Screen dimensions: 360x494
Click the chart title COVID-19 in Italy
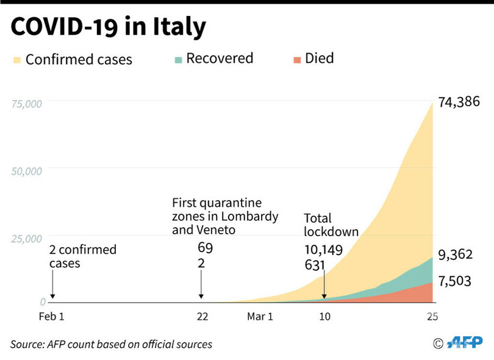(108, 28)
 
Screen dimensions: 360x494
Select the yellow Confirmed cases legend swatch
(16, 60)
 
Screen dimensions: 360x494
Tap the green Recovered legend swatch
(178, 59)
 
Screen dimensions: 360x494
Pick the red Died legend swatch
(297, 59)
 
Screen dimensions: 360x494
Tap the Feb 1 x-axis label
(52, 317)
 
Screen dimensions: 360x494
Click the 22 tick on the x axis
(202, 317)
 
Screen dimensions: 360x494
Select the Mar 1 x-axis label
(260, 317)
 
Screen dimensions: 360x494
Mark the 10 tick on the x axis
(324, 317)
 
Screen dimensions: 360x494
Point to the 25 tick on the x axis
(432, 317)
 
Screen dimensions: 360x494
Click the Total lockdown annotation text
(331, 225)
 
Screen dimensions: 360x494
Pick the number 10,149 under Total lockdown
(323, 250)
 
